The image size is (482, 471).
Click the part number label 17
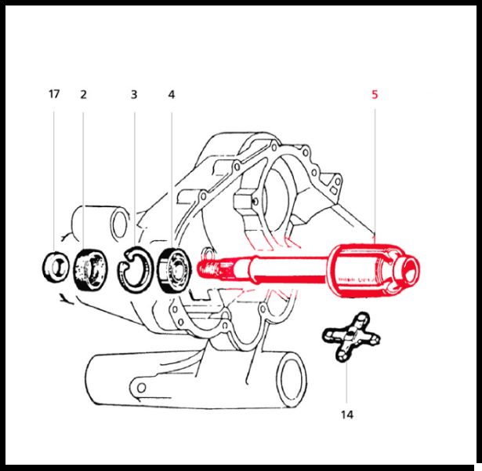coord(54,93)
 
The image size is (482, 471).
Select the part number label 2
coord(83,94)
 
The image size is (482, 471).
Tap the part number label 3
coord(134,94)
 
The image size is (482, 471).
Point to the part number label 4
coord(172,94)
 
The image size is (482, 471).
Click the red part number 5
coord(375,94)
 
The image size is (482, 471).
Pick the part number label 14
coord(347,414)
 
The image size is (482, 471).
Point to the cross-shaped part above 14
coord(351,336)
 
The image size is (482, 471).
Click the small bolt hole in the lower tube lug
coord(141,388)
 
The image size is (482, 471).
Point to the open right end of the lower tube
coord(292,380)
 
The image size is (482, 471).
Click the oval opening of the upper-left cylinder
coord(119,224)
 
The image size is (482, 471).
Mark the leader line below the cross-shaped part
coord(346,382)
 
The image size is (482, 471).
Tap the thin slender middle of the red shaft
coord(289,268)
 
